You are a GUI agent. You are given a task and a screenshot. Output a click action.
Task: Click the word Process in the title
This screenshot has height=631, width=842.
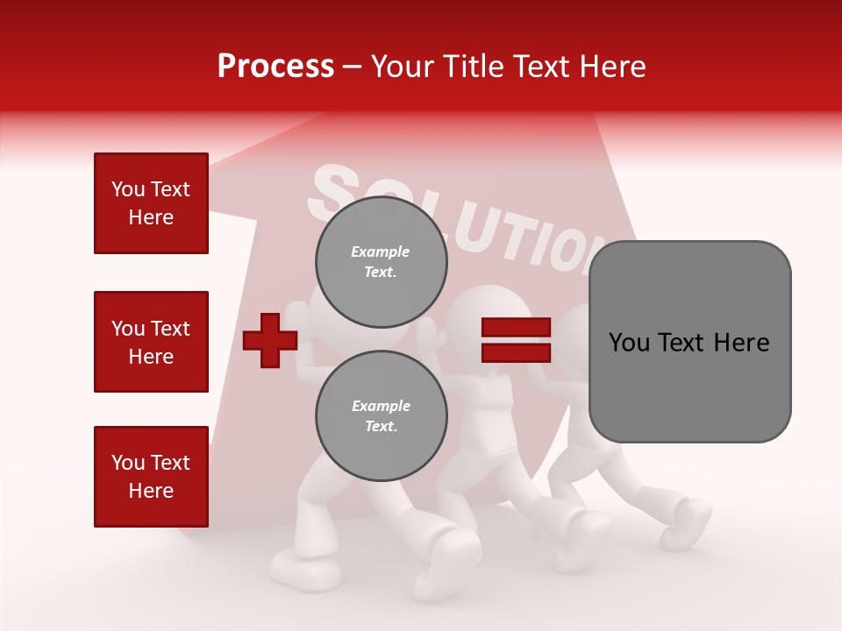[x=275, y=67]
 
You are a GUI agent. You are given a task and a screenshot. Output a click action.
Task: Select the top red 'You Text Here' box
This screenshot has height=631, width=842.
[x=151, y=203]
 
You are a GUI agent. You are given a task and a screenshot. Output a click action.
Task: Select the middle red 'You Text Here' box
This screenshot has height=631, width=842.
[x=151, y=342]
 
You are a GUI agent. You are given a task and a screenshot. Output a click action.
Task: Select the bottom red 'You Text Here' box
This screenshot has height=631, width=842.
[x=151, y=477]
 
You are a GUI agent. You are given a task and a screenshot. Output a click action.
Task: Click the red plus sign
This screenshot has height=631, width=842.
[x=270, y=339]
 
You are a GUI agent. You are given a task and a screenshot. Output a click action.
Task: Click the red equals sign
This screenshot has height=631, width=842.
[x=516, y=340]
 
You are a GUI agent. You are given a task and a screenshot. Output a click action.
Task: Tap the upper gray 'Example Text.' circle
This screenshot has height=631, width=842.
[x=381, y=262]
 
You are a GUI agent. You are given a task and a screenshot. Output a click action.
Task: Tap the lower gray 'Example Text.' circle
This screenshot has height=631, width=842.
[x=381, y=416]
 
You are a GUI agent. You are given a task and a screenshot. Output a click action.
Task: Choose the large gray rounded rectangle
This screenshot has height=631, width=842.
[x=689, y=342]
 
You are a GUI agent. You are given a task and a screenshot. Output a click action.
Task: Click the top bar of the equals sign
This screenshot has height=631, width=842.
[x=516, y=328]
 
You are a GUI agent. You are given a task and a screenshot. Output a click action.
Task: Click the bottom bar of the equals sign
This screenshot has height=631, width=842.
[x=516, y=352]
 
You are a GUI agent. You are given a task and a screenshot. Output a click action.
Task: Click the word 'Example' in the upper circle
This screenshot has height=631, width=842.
[x=381, y=252]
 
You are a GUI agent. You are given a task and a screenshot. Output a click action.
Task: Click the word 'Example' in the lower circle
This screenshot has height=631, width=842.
[x=381, y=407]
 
